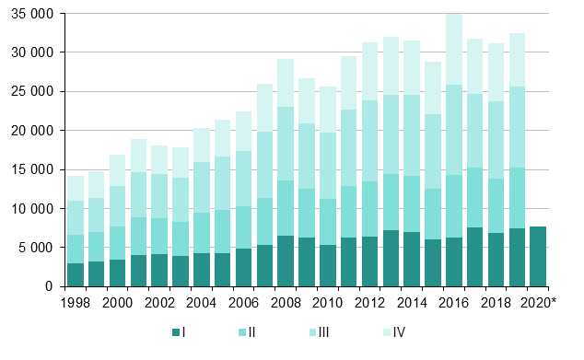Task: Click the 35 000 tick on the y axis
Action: tap(33, 14)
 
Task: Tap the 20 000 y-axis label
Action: tap(33, 131)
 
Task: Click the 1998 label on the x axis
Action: tap(76, 303)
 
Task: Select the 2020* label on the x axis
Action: tap(537, 303)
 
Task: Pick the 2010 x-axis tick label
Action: tap(327, 303)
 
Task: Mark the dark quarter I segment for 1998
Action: tap(76, 274)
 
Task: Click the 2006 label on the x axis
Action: tap(243, 303)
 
